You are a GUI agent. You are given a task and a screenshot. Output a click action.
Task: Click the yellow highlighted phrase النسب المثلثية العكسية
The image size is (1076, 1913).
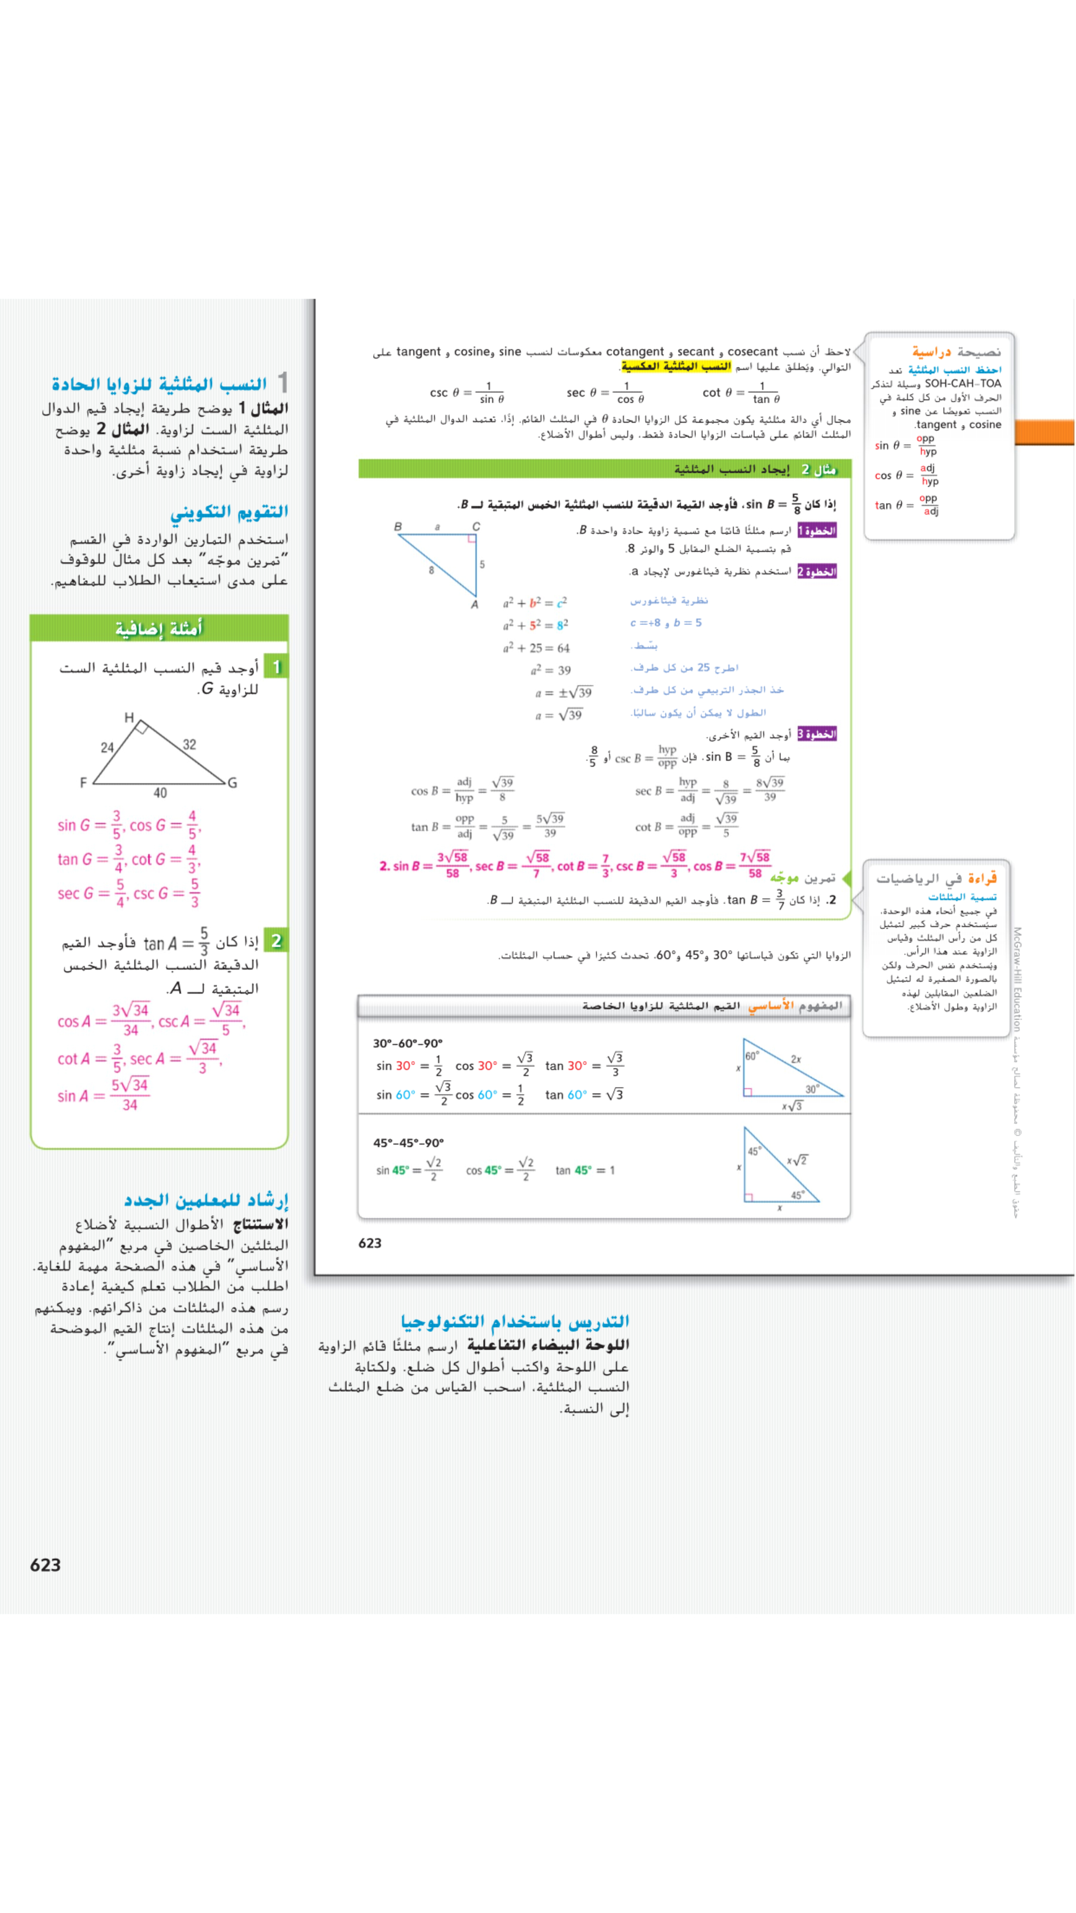tap(675, 366)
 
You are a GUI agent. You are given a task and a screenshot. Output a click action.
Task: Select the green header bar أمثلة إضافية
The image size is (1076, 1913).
tap(159, 628)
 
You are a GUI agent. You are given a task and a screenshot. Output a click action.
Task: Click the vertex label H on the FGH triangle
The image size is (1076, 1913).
tap(129, 717)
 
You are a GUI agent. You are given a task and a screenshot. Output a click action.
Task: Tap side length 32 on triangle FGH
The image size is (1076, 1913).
tap(189, 744)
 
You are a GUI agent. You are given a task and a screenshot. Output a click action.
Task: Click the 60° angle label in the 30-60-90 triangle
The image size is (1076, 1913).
tap(752, 1056)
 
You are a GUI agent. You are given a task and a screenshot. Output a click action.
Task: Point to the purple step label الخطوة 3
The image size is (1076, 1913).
tap(817, 733)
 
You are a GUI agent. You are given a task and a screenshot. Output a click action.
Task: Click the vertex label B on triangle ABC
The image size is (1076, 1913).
tap(398, 527)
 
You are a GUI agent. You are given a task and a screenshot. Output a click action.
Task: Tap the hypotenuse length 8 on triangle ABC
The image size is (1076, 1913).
tap(431, 570)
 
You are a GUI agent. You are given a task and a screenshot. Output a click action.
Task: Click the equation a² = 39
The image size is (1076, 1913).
tap(550, 670)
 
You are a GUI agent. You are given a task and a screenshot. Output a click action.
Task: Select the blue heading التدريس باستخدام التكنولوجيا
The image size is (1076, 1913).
tap(515, 1321)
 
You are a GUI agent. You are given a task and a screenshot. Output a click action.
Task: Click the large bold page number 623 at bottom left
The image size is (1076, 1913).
tap(45, 1565)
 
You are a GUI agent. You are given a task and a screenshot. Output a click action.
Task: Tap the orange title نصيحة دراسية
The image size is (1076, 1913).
tap(956, 351)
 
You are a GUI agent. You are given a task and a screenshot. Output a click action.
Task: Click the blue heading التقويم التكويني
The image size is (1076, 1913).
tap(229, 512)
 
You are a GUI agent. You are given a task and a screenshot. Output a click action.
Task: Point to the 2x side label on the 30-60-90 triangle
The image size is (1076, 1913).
tap(795, 1059)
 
